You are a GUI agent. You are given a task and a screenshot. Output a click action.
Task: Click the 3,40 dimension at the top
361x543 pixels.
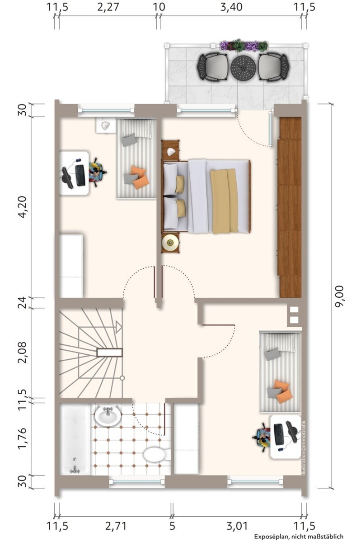click(231, 7)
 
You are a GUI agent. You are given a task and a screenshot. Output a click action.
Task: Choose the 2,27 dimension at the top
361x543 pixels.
click(108, 7)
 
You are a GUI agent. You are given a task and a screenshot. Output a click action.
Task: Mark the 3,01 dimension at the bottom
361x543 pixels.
click(237, 526)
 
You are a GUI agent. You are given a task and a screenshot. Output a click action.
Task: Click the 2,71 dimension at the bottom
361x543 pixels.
click(116, 526)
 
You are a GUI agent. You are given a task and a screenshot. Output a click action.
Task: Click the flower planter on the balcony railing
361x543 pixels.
click(244, 45)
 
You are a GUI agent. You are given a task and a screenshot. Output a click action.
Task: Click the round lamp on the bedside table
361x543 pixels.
click(170, 242)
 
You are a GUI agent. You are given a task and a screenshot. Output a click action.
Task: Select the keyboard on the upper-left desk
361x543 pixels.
click(80, 175)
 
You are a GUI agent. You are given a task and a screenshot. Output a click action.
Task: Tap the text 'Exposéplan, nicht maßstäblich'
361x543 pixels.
click(299, 537)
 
